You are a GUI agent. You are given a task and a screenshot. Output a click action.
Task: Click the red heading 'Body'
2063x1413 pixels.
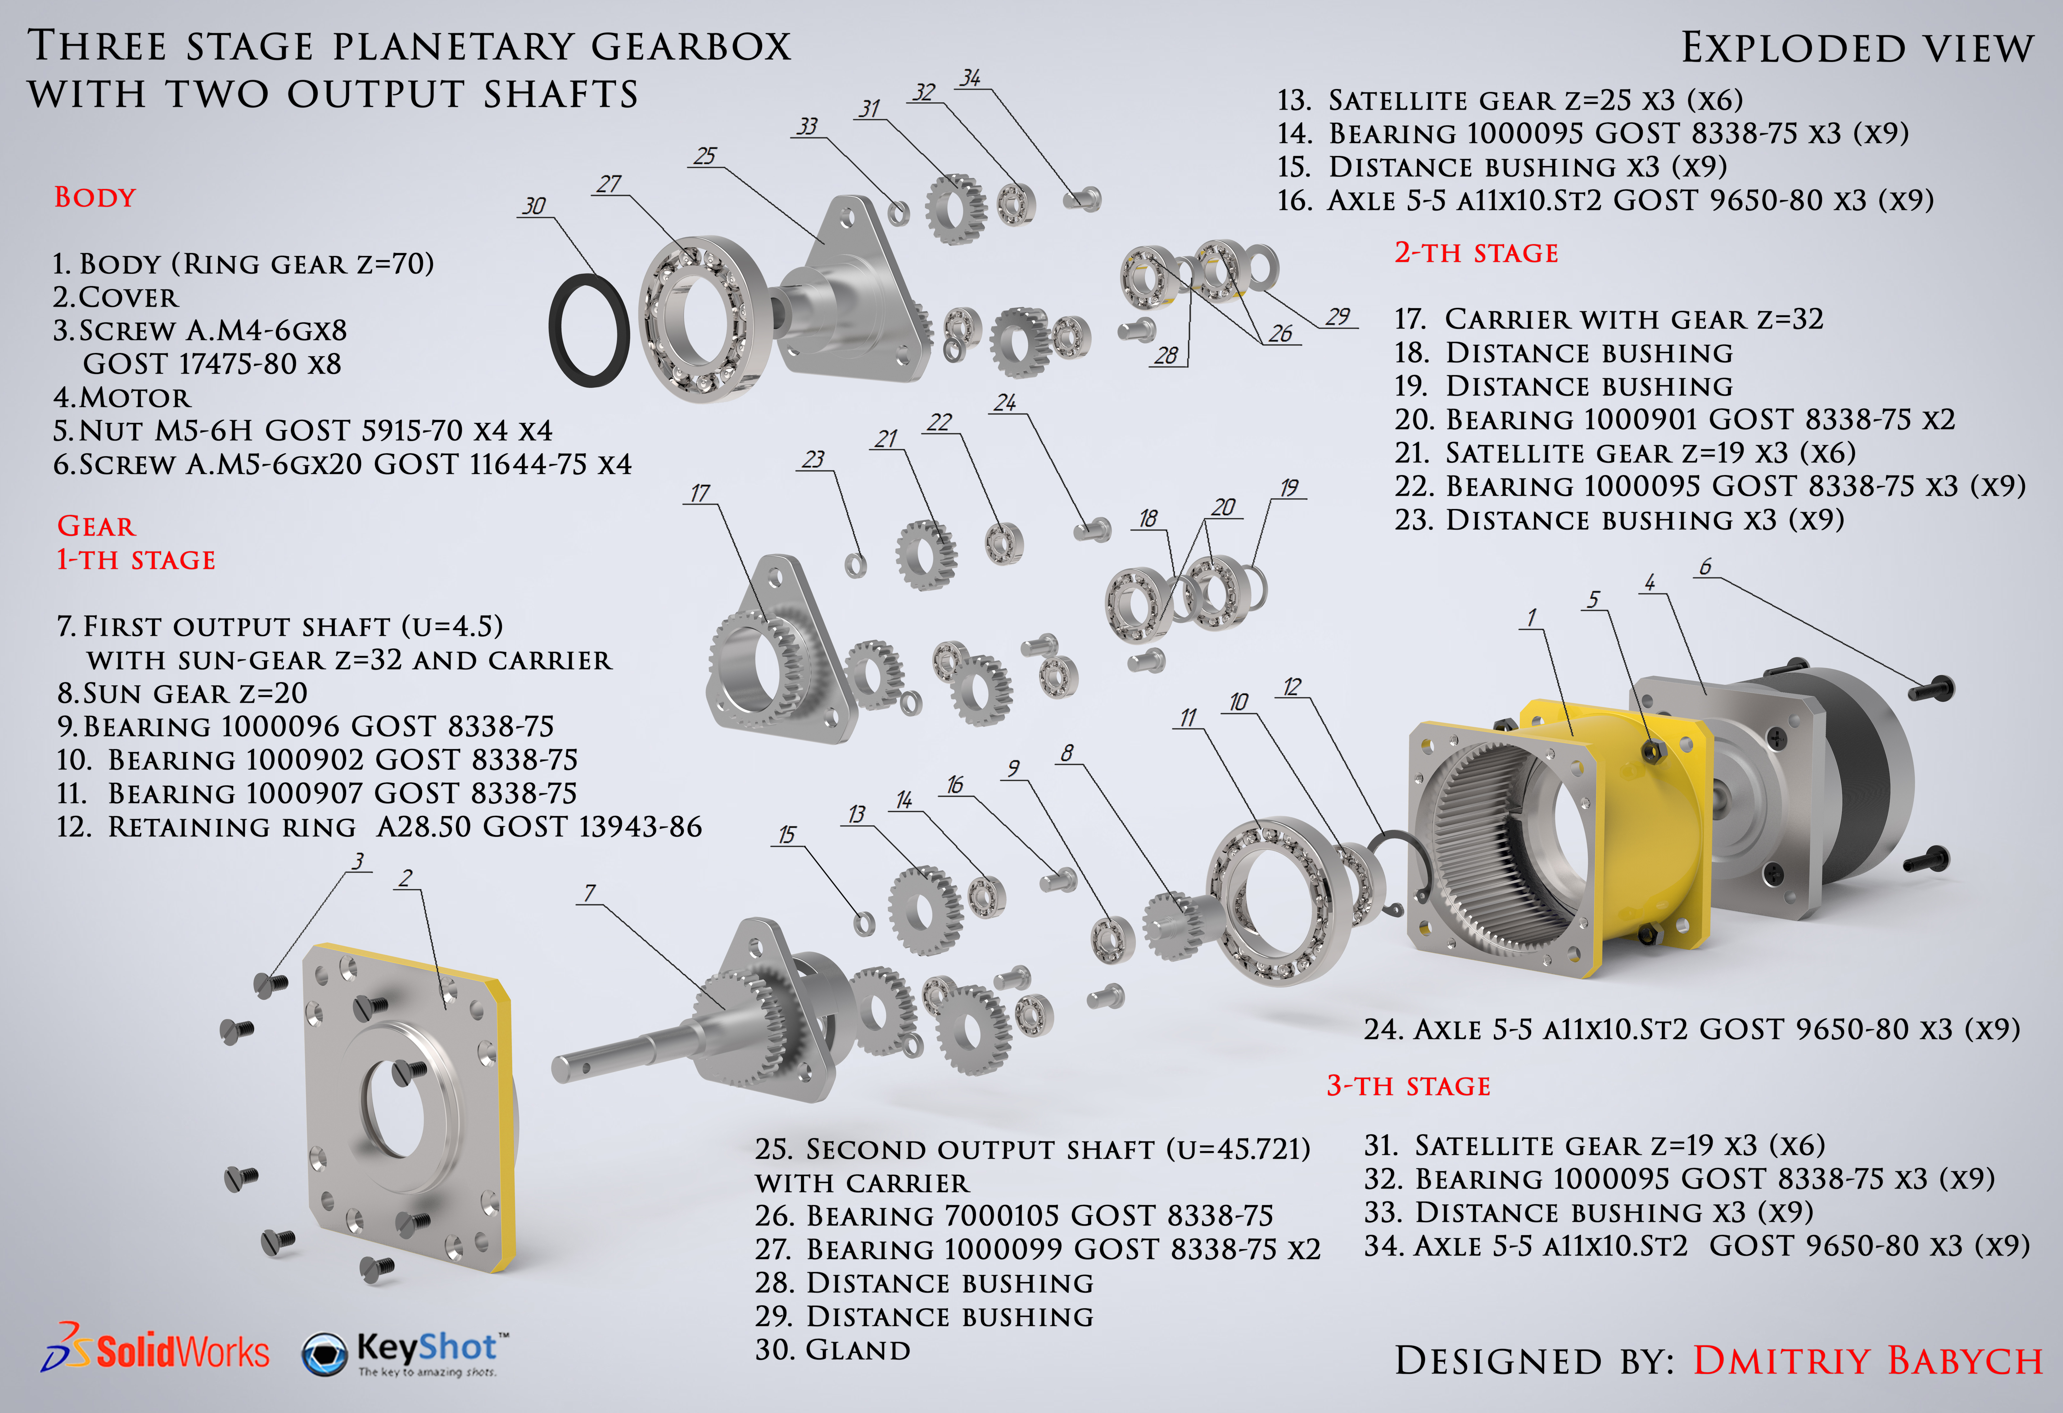pyautogui.click(x=95, y=197)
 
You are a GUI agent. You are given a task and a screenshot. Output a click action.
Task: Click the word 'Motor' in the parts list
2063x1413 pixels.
pyautogui.click(x=135, y=397)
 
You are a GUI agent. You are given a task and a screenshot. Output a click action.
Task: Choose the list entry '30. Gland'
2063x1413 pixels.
pyautogui.click(x=833, y=1350)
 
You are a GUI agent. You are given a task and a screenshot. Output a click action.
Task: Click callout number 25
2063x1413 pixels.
pyautogui.click(x=705, y=156)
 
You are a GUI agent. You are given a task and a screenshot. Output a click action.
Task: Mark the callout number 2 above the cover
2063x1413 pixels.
pyautogui.click(x=406, y=878)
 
